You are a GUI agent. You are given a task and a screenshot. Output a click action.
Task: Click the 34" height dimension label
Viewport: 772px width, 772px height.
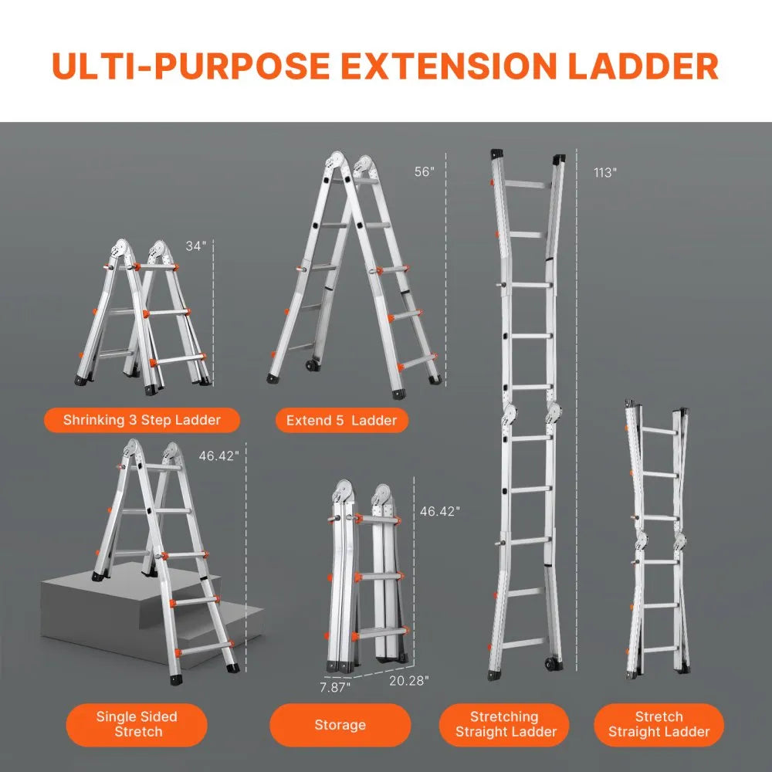point(197,246)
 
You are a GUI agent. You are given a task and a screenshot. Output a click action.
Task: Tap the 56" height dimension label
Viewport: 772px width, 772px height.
point(425,172)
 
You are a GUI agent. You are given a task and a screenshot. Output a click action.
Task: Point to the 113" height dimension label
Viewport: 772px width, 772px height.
point(605,172)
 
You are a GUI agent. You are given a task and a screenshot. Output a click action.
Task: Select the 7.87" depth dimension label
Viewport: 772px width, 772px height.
point(334,686)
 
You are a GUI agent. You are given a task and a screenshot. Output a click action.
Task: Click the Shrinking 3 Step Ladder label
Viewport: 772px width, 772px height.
point(142,420)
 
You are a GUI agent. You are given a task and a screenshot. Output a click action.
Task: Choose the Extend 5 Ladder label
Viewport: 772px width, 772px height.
point(341,420)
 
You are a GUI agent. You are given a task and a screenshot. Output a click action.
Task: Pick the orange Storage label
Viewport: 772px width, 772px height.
point(340,724)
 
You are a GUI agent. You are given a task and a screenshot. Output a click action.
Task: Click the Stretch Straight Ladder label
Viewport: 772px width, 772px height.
point(659,724)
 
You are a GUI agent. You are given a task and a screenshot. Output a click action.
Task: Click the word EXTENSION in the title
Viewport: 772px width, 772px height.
point(450,66)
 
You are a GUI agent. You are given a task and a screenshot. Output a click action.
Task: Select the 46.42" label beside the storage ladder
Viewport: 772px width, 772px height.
point(439,510)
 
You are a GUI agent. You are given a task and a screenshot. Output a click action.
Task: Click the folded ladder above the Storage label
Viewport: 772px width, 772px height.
point(366,579)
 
